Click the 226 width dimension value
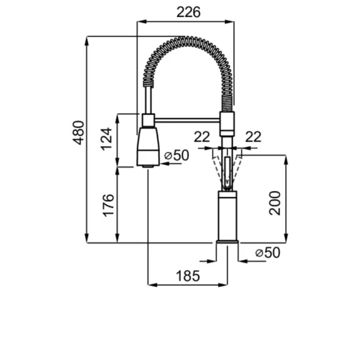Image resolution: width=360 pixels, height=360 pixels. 188,12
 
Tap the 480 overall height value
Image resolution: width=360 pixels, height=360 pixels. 79,132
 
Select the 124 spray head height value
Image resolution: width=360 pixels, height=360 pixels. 106,139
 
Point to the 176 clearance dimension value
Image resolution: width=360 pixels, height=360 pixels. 108,206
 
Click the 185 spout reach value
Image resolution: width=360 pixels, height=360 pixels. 187,276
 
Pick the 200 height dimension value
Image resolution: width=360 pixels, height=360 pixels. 275,203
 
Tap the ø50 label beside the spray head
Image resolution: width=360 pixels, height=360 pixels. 177,155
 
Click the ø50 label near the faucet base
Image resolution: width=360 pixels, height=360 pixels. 267,252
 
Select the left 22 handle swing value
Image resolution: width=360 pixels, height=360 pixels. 202,137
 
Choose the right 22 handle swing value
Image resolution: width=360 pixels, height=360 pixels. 253,137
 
